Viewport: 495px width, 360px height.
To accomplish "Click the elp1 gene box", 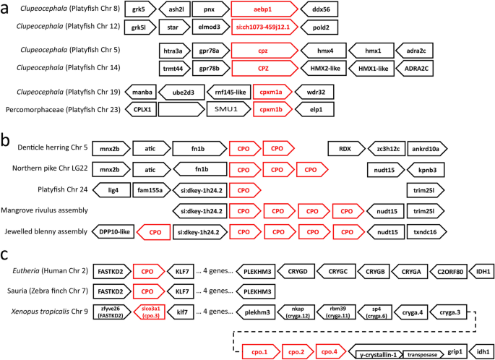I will click(x=316, y=110).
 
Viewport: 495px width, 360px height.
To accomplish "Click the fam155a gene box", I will click(x=152, y=190).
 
